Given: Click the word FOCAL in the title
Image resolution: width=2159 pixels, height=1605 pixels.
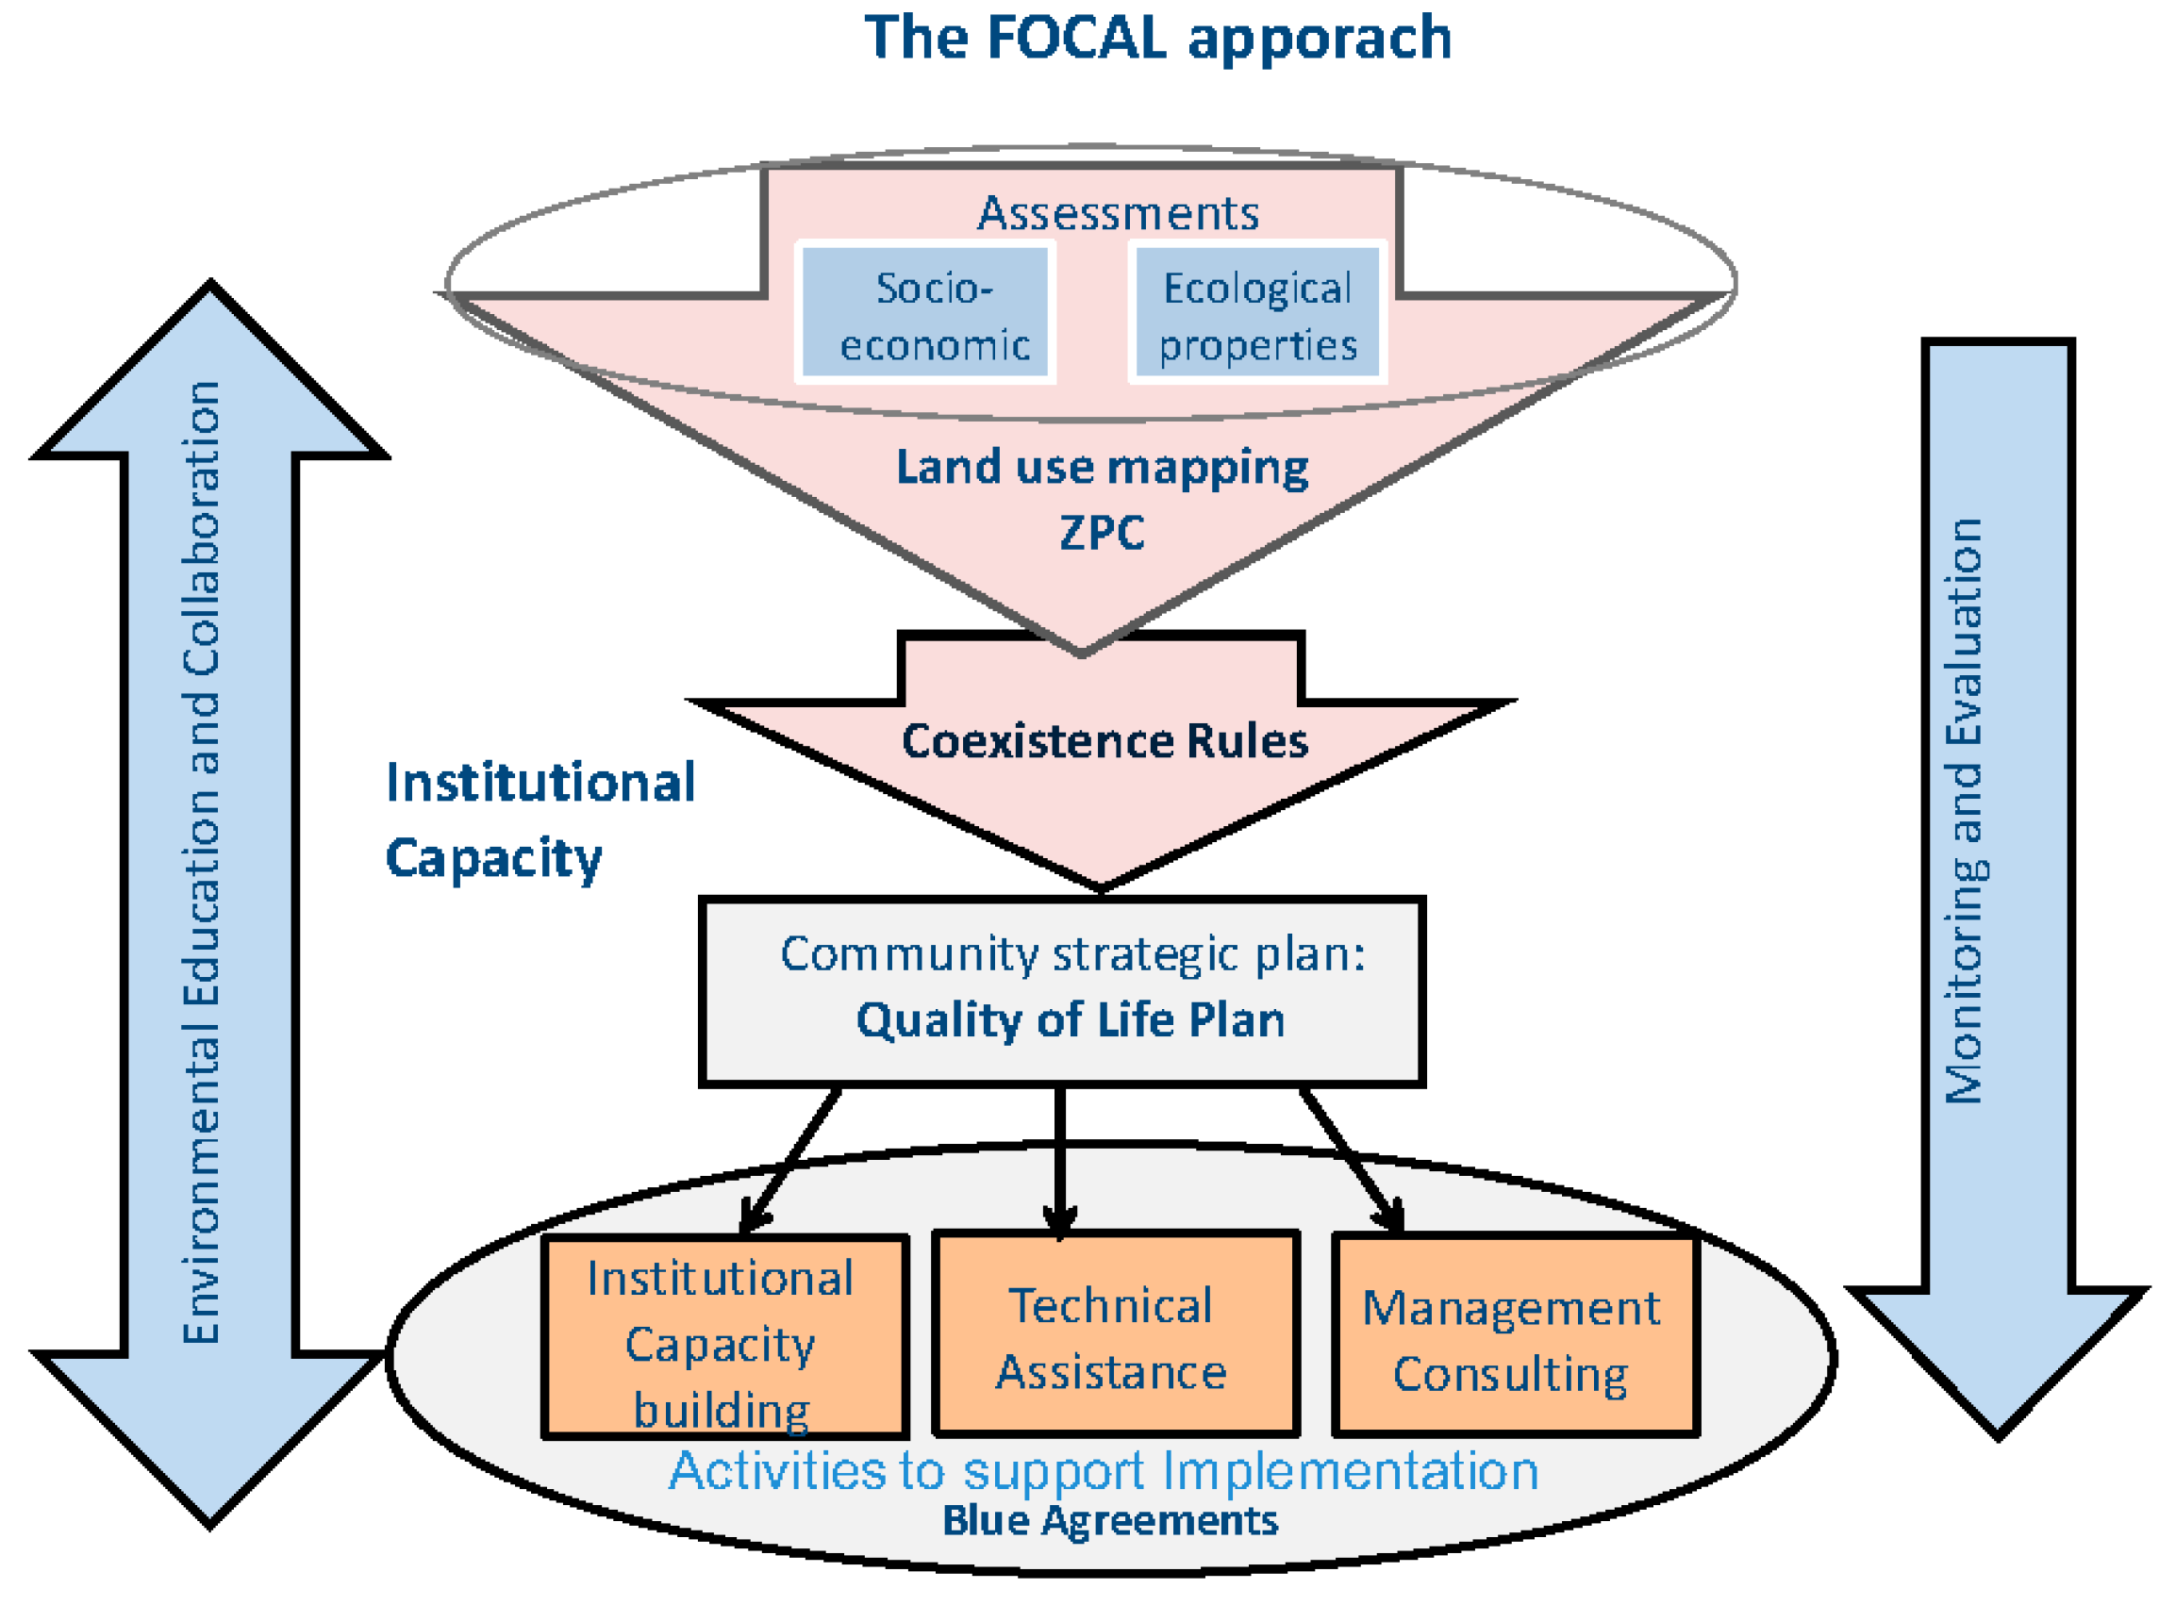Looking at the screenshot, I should pyautogui.click(x=1075, y=39).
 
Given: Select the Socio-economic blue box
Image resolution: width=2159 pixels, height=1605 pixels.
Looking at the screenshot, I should pyautogui.click(x=925, y=313).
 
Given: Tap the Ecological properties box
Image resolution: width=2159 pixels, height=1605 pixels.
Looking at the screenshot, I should pyautogui.click(x=1257, y=313).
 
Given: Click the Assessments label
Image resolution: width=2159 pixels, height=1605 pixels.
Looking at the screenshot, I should pyautogui.click(x=1118, y=213).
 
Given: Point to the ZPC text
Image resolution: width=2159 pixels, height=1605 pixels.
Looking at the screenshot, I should pyautogui.click(x=1102, y=533).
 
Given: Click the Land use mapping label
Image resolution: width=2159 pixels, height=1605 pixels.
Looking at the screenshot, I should pyautogui.click(x=1102, y=468).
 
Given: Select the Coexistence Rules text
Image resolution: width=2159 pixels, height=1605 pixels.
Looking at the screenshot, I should pyautogui.click(x=1104, y=740).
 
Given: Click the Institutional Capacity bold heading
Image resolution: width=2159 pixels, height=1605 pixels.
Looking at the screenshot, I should pyautogui.click(x=540, y=819).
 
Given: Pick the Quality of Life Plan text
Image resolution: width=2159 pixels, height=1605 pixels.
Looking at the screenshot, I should pyautogui.click(x=1070, y=1020).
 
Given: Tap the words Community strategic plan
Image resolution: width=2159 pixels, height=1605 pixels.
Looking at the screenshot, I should pyautogui.click(x=1071, y=954).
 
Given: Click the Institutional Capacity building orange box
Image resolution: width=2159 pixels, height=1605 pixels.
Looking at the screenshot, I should pyautogui.click(x=724, y=1337).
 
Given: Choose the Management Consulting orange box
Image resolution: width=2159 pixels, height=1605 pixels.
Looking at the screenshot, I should pyautogui.click(x=1515, y=1335).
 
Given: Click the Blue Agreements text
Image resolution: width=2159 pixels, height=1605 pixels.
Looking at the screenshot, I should pyautogui.click(x=1109, y=1520).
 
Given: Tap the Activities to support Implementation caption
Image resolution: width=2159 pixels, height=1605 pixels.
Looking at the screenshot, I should pyautogui.click(x=1104, y=1471).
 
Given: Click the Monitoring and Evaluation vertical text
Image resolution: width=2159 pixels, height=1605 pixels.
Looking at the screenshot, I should pyautogui.click(x=1963, y=811).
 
